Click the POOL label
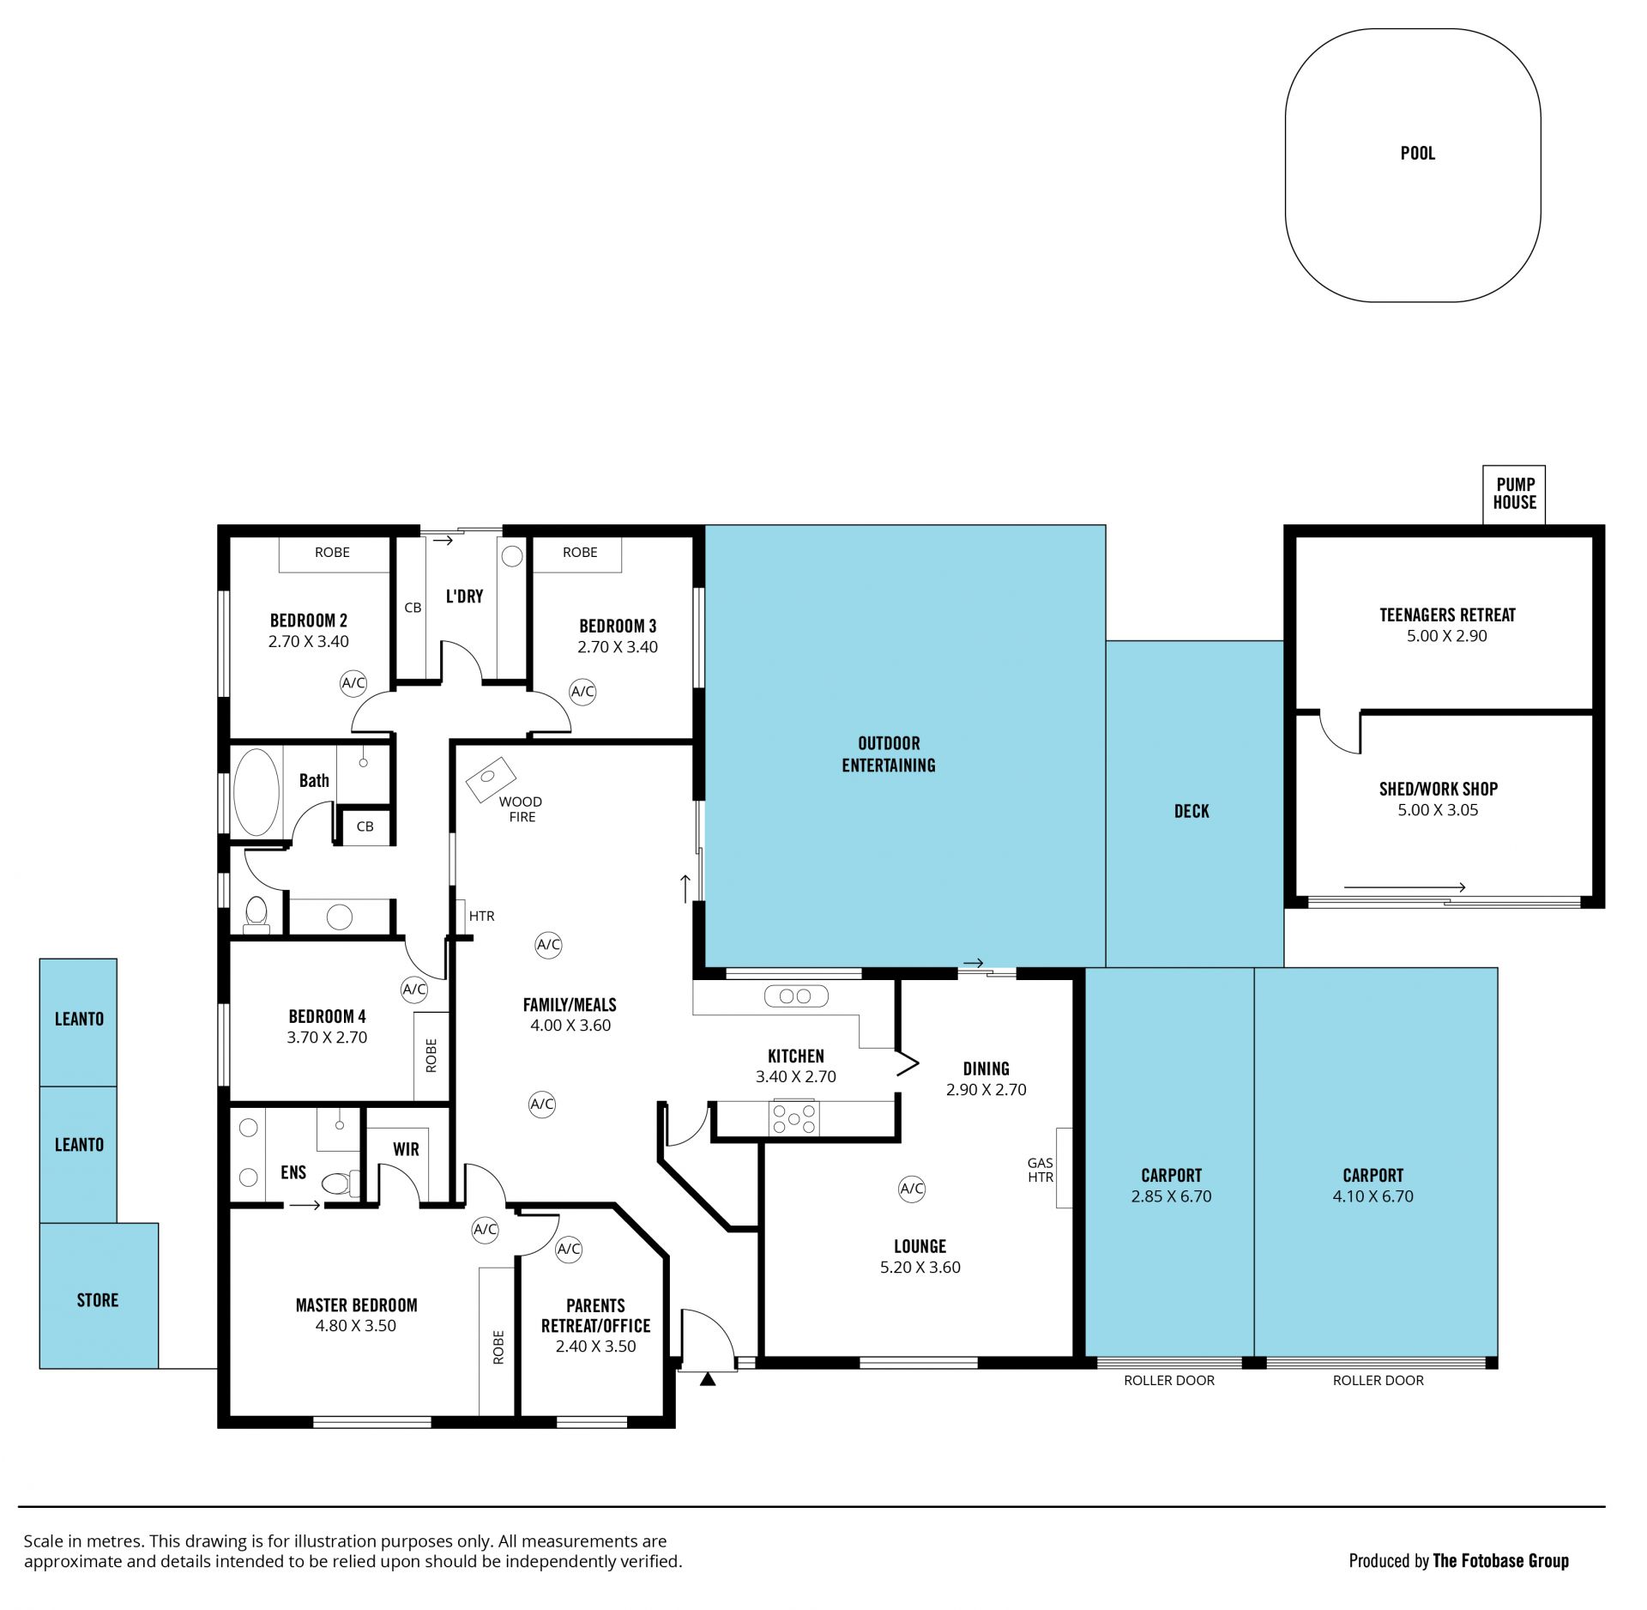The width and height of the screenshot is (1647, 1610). [1417, 154]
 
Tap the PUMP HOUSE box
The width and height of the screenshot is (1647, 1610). [1514, 494]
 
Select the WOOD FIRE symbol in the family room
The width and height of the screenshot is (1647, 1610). [491, 778]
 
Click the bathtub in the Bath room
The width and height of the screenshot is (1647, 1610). [256, 792]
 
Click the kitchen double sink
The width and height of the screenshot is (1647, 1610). [796, 996]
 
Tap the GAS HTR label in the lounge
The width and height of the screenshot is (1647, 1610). [1041, 1171]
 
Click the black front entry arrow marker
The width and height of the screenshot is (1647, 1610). [708, 1380]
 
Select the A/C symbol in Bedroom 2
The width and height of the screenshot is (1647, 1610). [353, 683]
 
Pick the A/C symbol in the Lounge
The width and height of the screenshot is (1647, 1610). [912, 1189]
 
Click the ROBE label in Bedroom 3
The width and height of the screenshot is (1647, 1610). [580, 553]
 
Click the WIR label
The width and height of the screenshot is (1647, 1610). [406, 1149]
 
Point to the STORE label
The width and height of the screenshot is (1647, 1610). [98, 1300]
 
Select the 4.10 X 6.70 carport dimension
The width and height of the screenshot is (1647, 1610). [1372, 1196]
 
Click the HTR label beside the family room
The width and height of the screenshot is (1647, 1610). [482, 917]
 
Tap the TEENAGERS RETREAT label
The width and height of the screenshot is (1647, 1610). [1447, 615]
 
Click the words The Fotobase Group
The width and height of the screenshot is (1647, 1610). [1501, 1561]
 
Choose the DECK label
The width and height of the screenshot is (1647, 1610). [1192, 811]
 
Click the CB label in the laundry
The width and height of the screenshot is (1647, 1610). [413, 608]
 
